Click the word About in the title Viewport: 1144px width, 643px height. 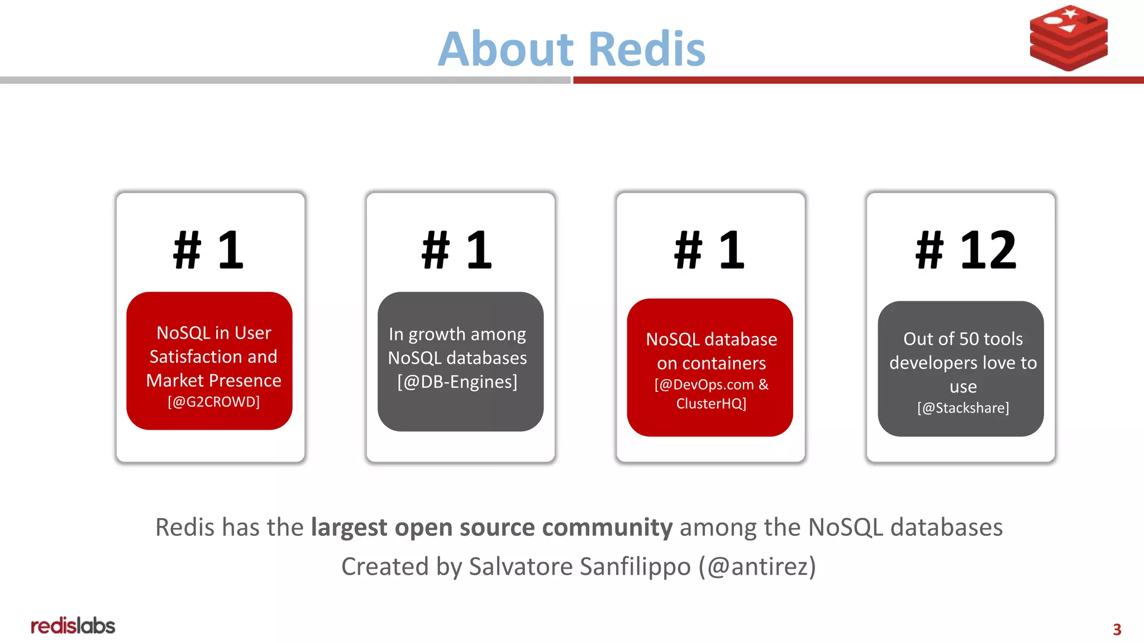506,49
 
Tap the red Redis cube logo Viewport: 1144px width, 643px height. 1069,38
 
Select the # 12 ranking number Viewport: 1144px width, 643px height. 966,250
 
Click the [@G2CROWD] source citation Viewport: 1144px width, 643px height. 213,402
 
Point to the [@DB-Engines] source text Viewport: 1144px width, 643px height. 457,382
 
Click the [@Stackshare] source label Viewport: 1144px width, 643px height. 963,408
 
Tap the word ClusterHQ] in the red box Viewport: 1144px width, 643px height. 711,404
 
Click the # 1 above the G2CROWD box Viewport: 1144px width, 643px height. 209,250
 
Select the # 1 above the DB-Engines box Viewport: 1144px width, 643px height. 457,250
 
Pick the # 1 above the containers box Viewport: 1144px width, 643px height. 710,250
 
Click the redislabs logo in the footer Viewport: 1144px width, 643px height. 73,626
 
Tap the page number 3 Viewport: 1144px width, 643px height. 1117,630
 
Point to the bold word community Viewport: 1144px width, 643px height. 607,527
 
